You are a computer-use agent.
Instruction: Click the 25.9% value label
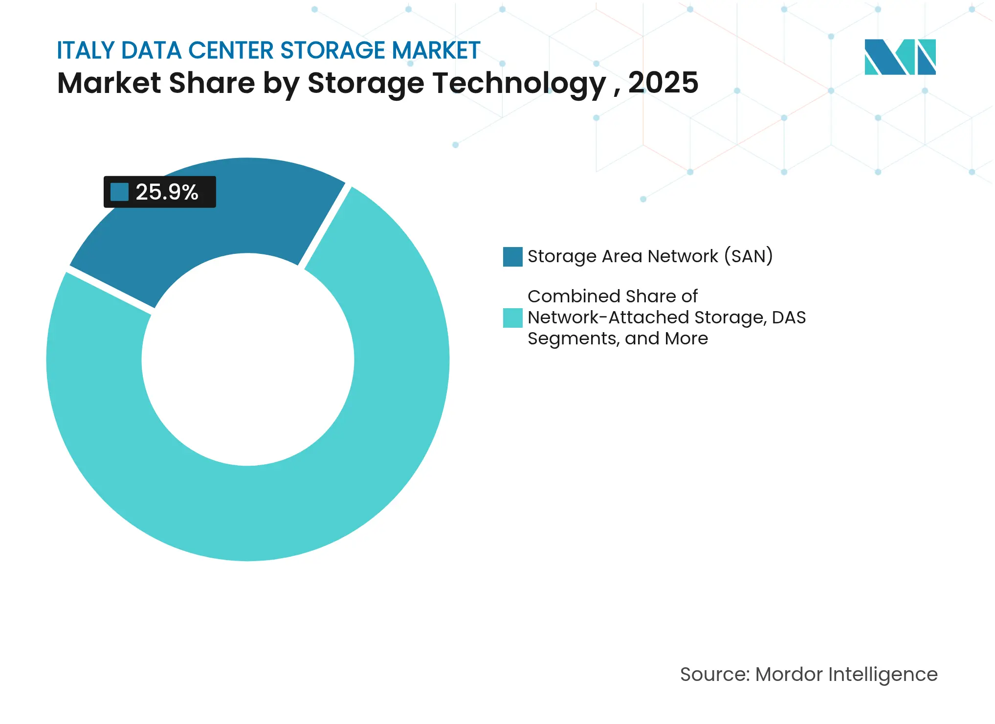167,192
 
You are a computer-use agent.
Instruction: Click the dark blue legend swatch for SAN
512,257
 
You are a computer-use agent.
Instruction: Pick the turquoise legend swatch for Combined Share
512,318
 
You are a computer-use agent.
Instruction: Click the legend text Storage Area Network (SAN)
650,256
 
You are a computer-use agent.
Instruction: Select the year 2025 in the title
663,83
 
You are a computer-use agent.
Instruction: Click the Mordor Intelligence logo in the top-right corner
900,57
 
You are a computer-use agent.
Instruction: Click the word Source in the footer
714,675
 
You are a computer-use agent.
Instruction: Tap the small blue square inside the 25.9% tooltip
119,192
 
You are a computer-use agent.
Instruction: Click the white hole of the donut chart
248,360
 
